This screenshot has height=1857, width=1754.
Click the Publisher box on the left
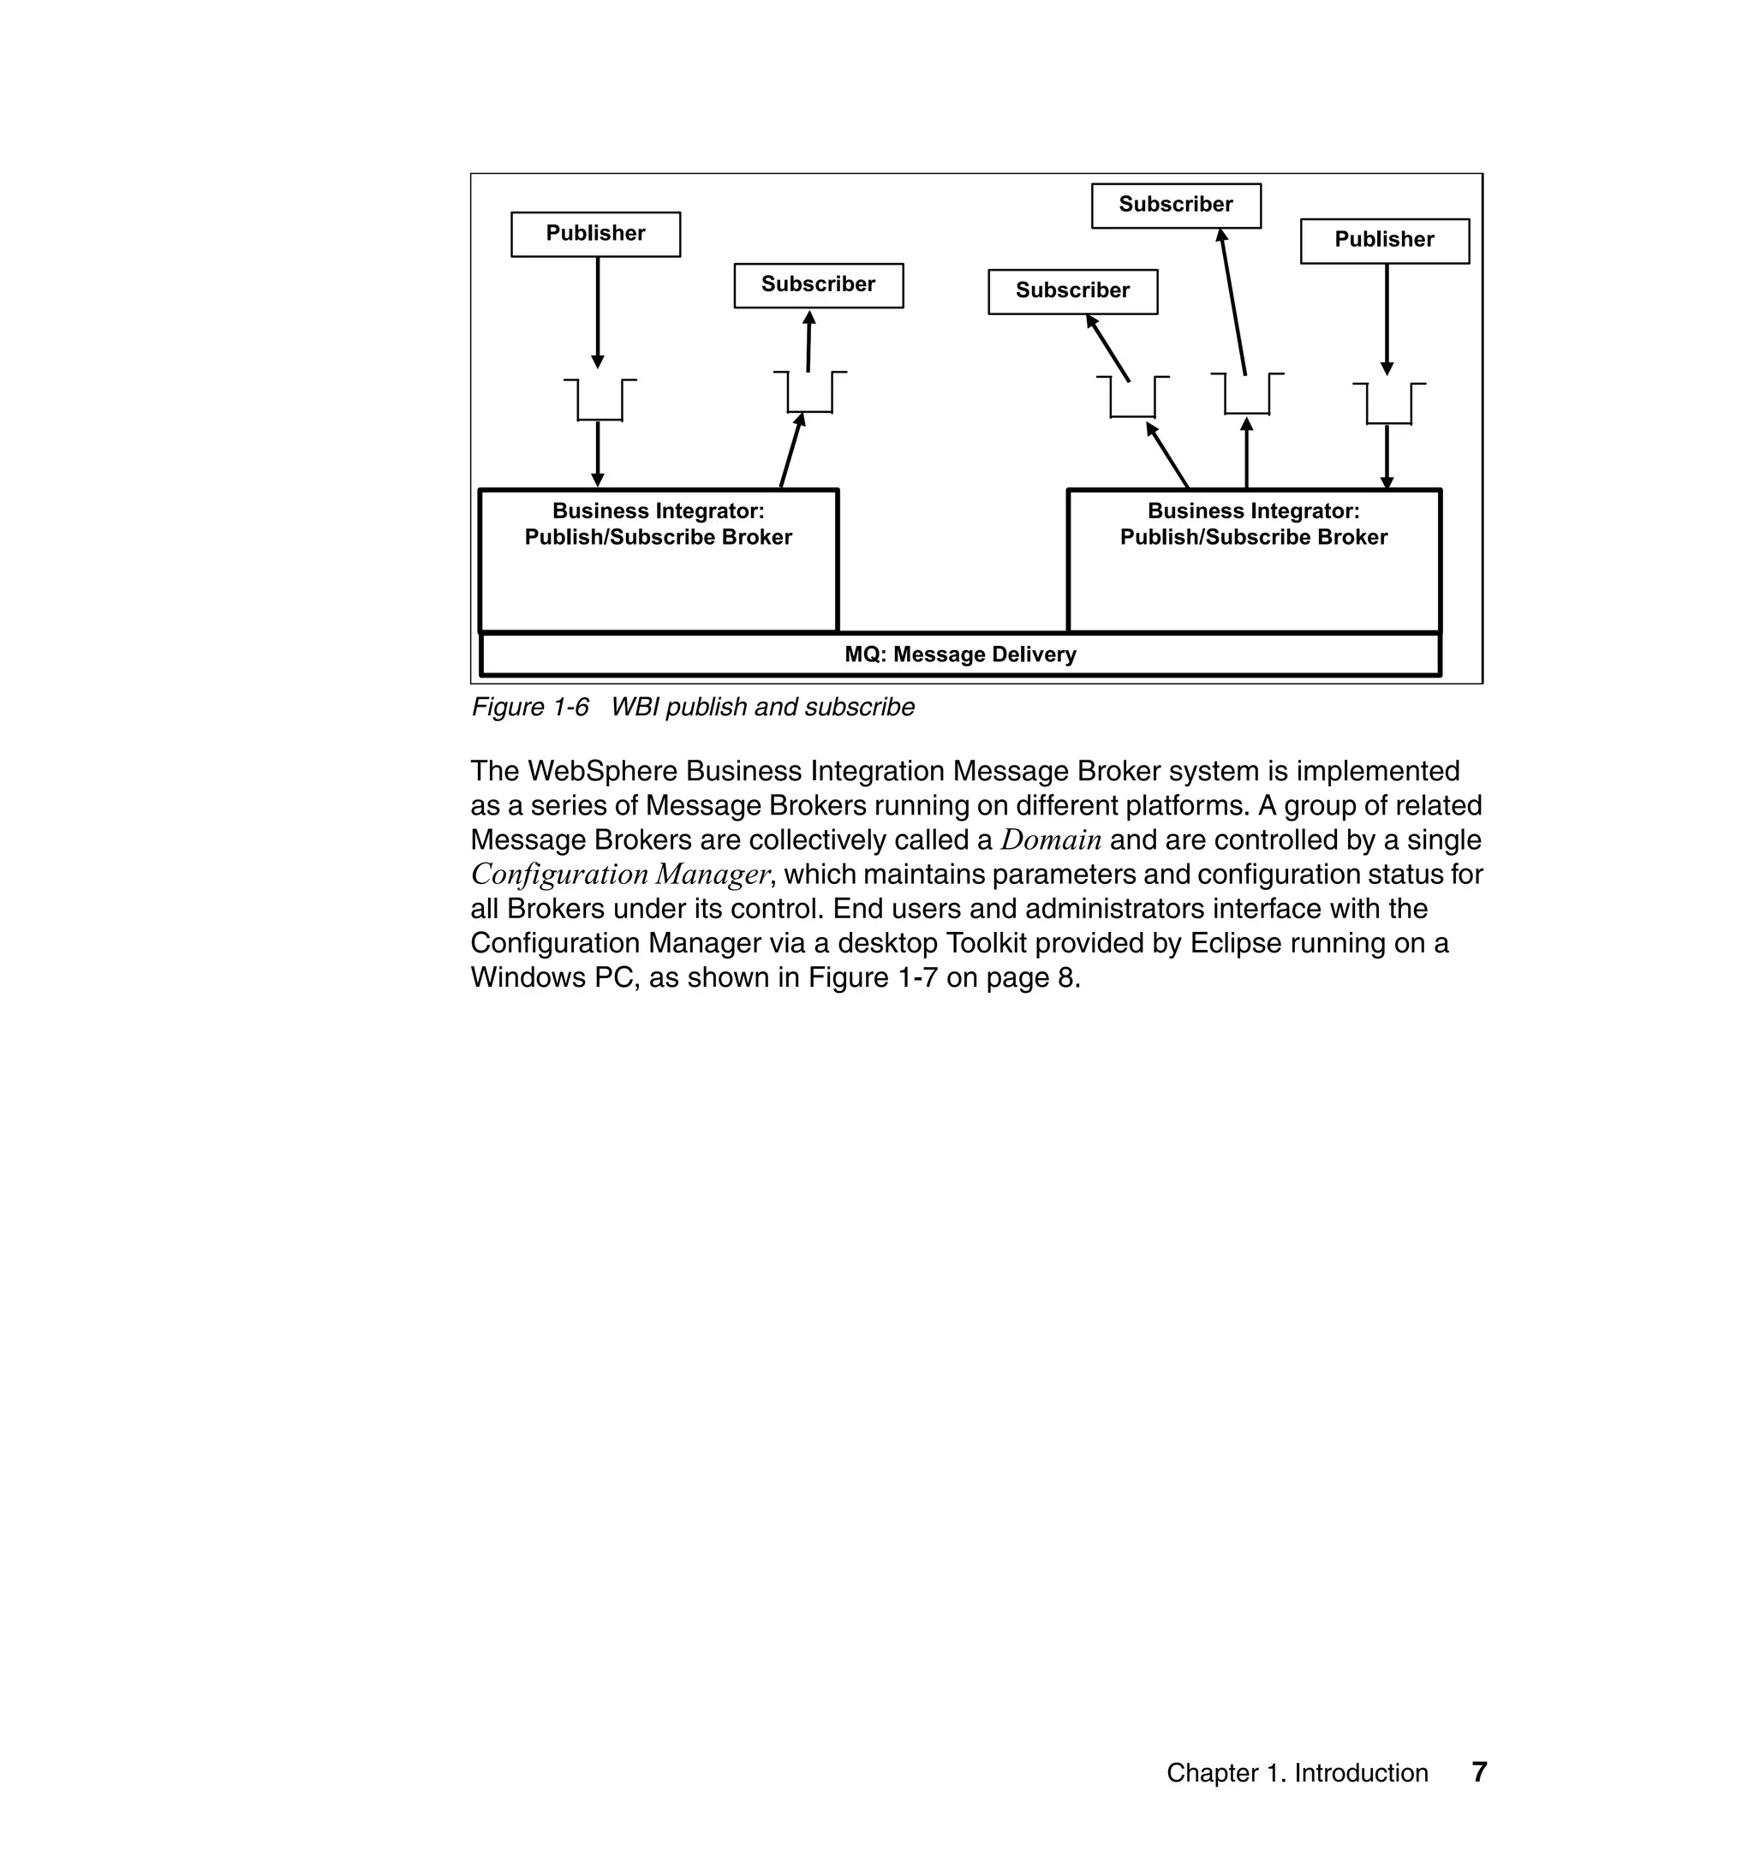595,234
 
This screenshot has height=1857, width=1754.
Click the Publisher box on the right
1384,241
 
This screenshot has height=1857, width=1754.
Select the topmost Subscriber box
1175,205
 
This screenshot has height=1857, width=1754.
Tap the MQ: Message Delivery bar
960,654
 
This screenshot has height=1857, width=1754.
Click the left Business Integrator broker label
659,524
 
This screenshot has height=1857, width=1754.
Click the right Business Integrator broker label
1254,524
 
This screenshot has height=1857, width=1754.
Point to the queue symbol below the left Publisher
600,400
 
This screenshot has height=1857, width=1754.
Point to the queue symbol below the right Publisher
1388,404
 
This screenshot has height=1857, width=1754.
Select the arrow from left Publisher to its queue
599,313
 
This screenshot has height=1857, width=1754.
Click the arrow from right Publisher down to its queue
1387,318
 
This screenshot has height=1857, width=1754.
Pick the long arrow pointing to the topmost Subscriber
1233,302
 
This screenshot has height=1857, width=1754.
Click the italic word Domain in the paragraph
1051,839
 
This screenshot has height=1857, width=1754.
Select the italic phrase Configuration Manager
620,875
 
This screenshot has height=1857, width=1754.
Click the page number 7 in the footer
1479,1772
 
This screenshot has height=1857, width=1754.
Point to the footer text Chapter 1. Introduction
1297,1773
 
